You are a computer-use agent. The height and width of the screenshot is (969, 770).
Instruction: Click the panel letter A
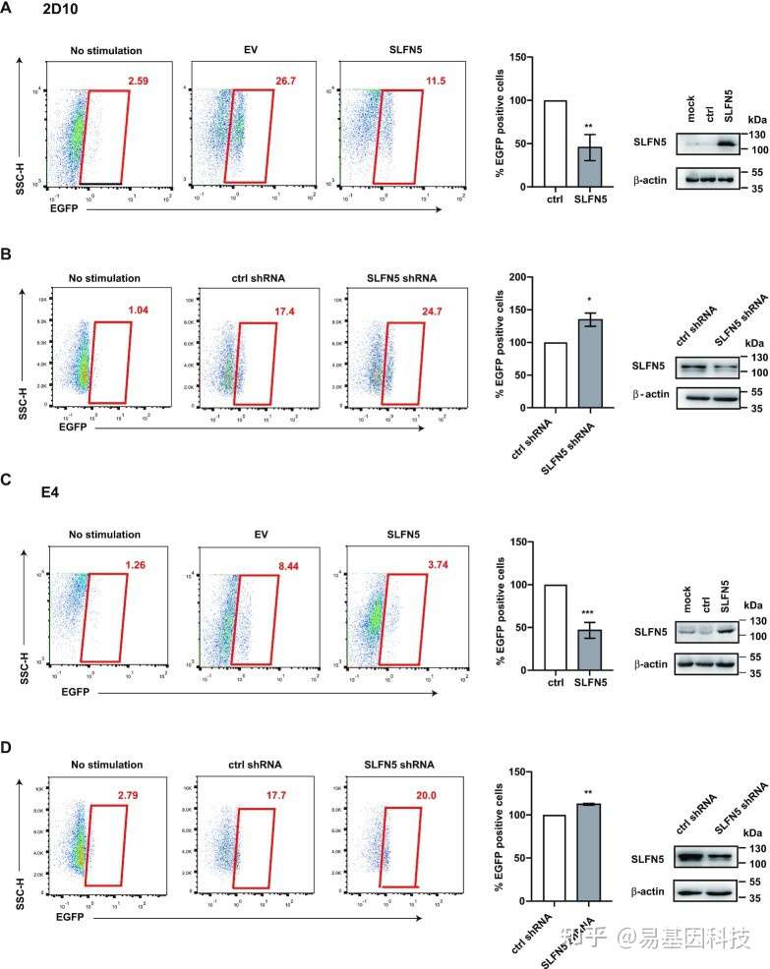pos(8,11)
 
